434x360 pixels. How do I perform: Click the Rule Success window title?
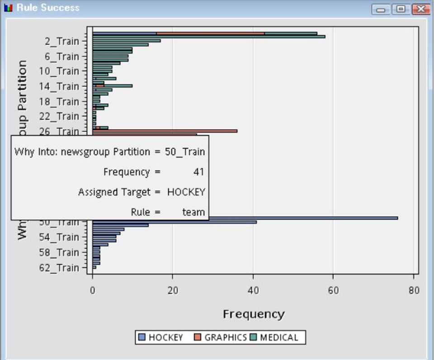pyautogui.click(x=48, y=8)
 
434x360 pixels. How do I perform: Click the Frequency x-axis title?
pyautogui.click(x=253, y=314)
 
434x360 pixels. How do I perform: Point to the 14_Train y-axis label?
pyautogui.click(x=60, y=86)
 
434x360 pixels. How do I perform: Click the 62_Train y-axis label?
pyautogui.click(x=60, y=268)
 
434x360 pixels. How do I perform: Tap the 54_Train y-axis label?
pyautogui.click(x=60, y=237)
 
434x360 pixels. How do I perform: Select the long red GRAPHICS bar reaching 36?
pyautogui.click(x=181, y=131)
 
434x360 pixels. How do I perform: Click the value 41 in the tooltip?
pyautogui.click(x=199, y=172)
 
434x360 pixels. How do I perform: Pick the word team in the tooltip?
pyautogui.click(x=193, y=212)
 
